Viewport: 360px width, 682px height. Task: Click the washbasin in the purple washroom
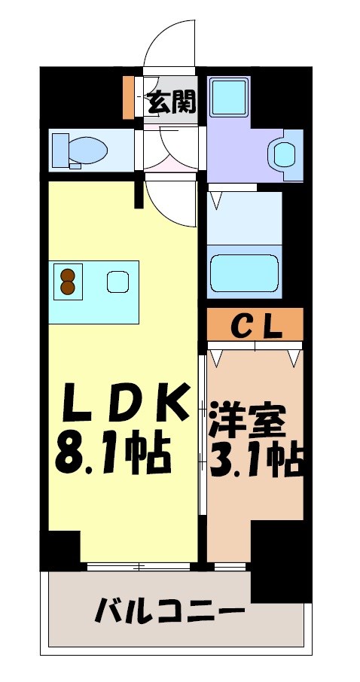tap(284, 155)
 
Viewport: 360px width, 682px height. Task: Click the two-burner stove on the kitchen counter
tap(67, 283)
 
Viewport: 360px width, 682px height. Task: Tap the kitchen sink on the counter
tap(117, 282)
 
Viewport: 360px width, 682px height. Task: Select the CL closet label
tap(255, 325)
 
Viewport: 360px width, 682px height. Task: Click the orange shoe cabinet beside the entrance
tap(129, 96)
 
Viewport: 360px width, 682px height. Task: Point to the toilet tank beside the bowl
tap(59, 149)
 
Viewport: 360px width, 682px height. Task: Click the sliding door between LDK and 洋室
tap(202, 437)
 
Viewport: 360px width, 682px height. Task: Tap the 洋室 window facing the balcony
tap(230, 565)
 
